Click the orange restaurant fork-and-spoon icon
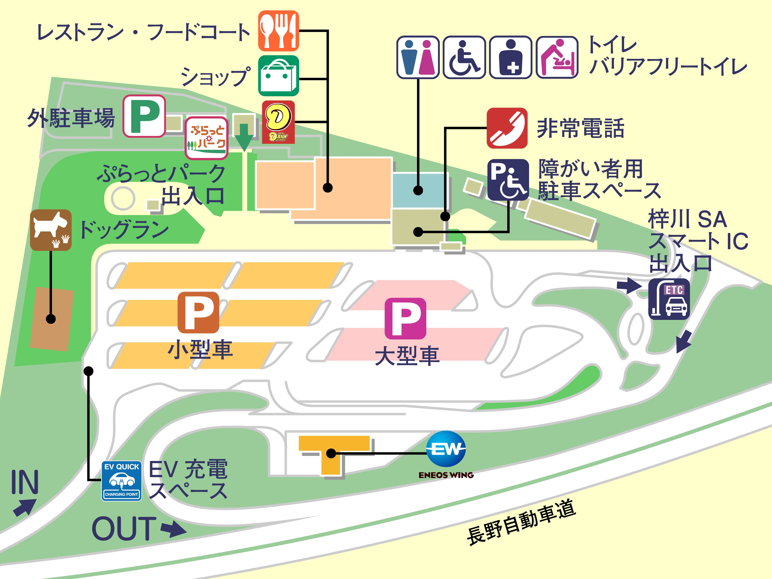click(278, 31)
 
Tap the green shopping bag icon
click(278, 75)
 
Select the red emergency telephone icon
click(507, 128)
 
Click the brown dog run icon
click(51, 230)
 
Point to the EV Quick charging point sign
click(121, 481)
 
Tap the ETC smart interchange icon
click(669, 299)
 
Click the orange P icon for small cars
click(198, 312)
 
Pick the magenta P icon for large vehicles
click(405, 318)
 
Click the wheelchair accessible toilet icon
click(464, 57)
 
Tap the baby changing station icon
click(557, 57)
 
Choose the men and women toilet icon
click(418, 57)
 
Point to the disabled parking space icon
click(508, 180)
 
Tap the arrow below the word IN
click(24, 507)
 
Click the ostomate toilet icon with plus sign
click(510, 57)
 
